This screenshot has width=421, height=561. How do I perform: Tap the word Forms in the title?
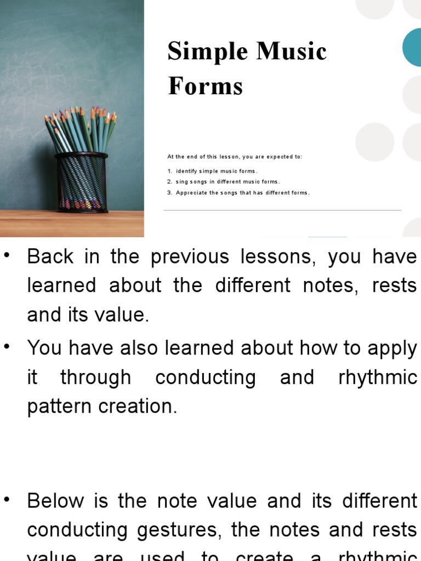(206, 86)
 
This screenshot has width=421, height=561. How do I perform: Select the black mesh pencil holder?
(82, 182)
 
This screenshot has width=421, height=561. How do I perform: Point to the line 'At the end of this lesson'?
(235, 157)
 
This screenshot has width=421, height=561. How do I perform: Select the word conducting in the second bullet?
(206, 377)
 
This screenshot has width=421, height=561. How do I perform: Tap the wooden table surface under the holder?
(71, 224)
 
